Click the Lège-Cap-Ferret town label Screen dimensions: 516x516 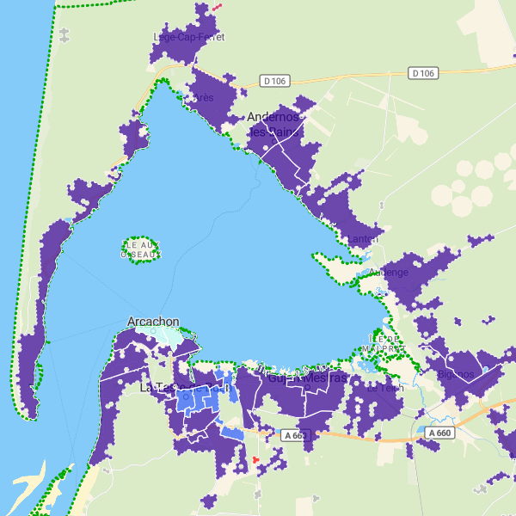188,37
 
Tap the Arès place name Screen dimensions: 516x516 204,98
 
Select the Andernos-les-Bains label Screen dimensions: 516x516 273,124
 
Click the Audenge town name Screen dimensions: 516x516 389,273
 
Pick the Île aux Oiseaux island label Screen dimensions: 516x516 140,249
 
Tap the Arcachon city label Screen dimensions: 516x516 153,322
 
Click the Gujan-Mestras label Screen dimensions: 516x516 306,378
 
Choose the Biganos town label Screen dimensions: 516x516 454,374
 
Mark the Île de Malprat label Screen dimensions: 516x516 385,342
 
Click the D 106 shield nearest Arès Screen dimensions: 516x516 274,81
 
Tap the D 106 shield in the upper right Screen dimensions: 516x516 422,73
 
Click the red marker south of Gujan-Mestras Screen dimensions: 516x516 255,460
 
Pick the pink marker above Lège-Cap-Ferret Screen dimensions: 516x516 217,6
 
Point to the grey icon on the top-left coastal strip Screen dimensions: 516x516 65,34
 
